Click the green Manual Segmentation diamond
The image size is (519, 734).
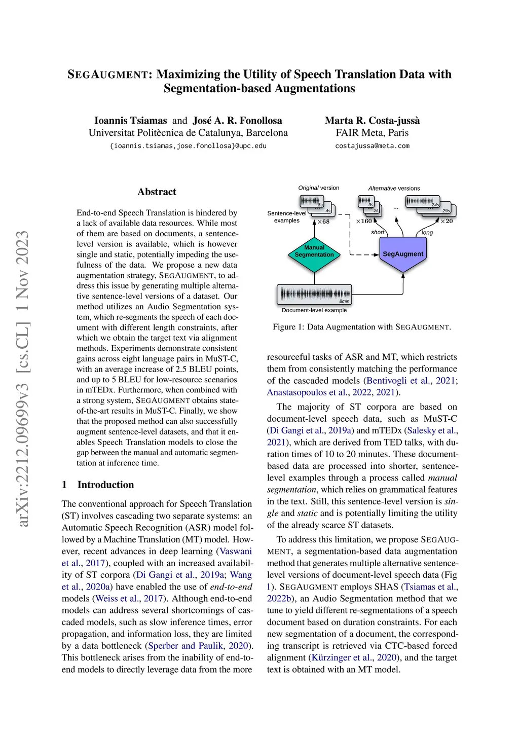314,251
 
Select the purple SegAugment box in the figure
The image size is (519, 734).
403,254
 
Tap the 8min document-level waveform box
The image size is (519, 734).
314,295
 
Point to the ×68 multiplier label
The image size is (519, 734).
323,222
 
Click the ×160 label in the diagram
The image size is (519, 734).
363,221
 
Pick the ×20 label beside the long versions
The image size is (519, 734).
447,221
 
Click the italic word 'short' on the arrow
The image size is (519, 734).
378,232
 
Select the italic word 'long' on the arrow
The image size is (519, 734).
427,233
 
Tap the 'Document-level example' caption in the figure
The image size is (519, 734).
314,310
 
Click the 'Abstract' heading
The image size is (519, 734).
157,192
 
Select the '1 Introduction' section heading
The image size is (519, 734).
98,485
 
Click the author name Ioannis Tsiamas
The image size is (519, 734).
130,121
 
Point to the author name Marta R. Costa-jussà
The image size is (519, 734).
372,121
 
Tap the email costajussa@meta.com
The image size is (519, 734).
372,146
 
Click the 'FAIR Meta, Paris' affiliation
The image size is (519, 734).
372,133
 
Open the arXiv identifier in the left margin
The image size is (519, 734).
22,378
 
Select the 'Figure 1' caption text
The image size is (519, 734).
361,327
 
